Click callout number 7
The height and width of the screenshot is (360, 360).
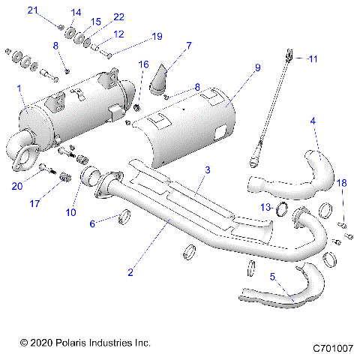point(188,46)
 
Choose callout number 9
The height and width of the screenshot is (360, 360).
point(257,68)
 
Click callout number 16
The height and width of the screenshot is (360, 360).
point(143,65)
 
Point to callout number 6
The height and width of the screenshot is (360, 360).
point(92,223)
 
